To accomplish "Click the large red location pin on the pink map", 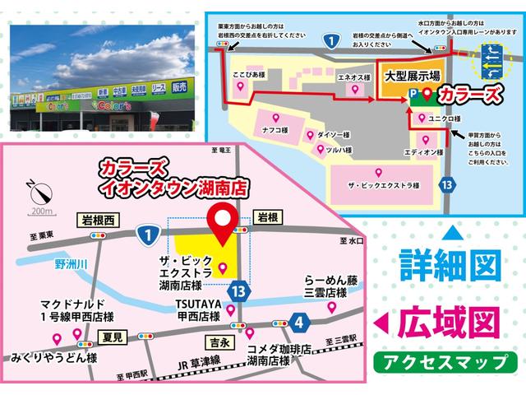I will (223, 221).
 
